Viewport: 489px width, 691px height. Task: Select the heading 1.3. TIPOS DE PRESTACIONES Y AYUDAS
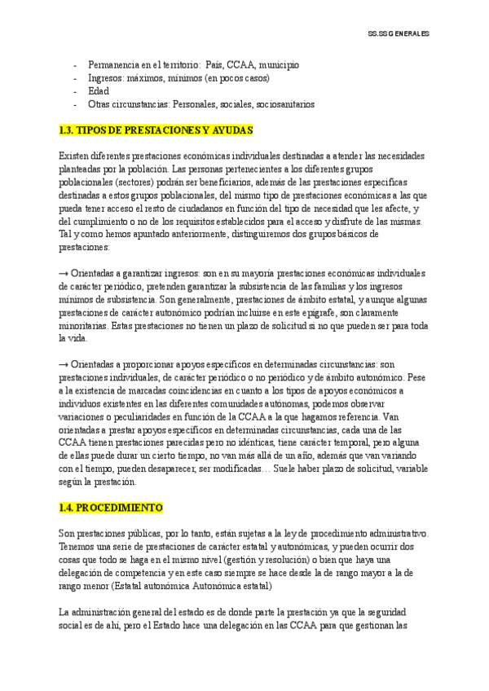pyautogui.click(x=156, y=130)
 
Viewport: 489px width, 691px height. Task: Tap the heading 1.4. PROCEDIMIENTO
pyautogui.click(x=111, y=507)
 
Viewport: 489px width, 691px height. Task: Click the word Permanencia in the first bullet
pyautogui.click(x=114, y=64)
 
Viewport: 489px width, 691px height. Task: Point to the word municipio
pyautogui.click(x=280, y=64)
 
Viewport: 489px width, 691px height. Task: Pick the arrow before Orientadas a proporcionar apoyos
pyautogui.click(x=64, y=364)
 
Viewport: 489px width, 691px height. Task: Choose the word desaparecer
pyautogui.click(x=183, y=469)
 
